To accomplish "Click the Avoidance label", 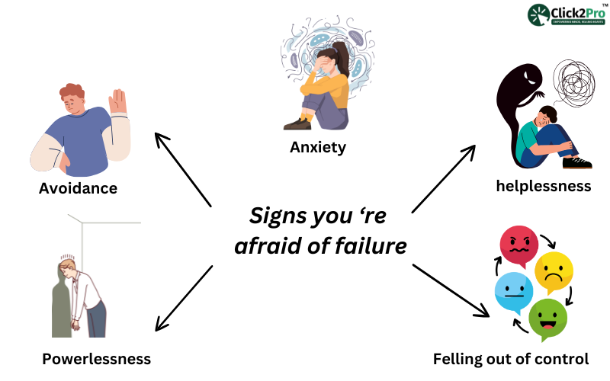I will click(x=78, y=187).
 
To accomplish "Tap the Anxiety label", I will click(x=318, y=147).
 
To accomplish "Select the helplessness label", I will click(x=543, y=186).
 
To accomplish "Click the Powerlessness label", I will click(x=96, y=358).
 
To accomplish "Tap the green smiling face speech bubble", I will click(x=547, y=316).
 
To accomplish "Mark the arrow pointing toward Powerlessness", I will click(x=182, y=298).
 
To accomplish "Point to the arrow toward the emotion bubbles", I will click(x=450, y=290).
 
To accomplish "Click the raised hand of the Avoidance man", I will click(x=117, y=102).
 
